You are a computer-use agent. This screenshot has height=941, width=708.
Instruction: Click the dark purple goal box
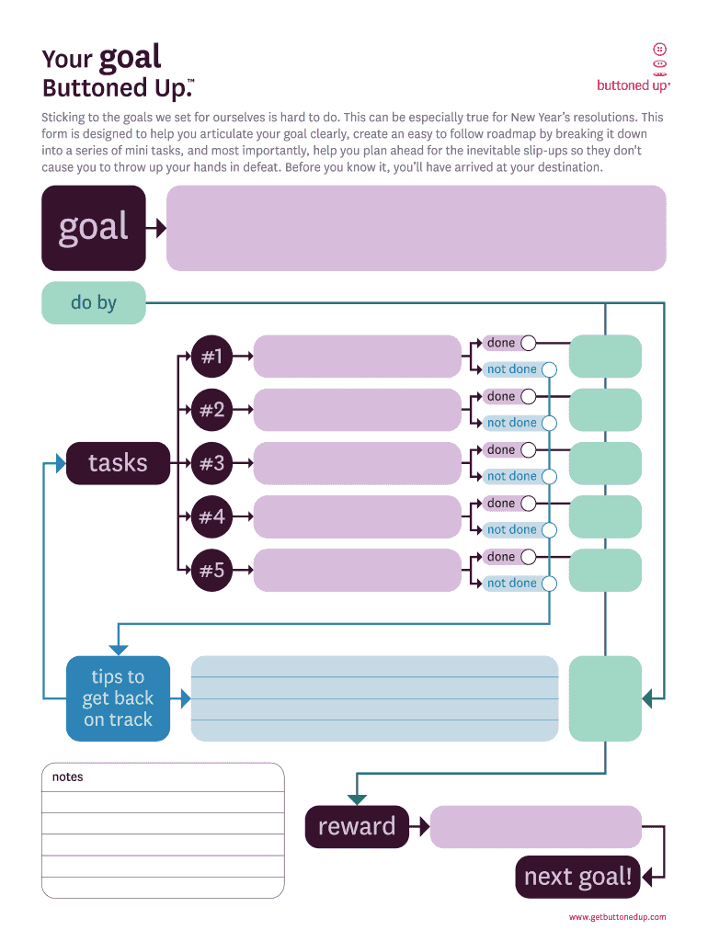pos(93,228)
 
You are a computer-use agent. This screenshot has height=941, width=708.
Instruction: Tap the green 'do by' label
pos(93,302)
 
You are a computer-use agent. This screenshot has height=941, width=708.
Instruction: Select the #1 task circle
pos(211,357)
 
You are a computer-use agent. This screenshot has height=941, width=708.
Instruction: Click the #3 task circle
pos(211,463)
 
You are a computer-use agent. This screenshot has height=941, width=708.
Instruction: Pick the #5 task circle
pos(211,570)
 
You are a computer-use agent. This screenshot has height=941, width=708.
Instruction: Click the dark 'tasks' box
pos(118,463)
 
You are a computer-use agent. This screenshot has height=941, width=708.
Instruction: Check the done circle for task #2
pos(529,397)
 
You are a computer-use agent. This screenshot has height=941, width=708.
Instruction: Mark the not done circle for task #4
pos(550,530)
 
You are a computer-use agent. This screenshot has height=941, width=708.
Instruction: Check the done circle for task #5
pos(529,557)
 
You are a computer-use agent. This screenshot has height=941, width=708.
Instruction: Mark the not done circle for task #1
pos(550,370)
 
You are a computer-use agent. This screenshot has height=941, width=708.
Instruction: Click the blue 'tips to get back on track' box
pos(118,698)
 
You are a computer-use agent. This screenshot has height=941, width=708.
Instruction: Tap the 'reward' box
pos(357,826)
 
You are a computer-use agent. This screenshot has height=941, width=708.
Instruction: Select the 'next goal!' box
pos(577,877)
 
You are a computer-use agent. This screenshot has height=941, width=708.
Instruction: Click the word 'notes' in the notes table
pos(67,777)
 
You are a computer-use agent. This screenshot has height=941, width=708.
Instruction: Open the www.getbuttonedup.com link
pos(617,917)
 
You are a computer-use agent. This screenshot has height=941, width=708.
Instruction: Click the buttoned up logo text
pos(633,85)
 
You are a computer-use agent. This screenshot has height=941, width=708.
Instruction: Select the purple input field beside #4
pos(357,516)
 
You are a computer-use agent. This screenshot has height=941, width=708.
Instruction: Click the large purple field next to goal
pos(416,228)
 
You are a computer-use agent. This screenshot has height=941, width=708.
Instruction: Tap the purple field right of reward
pos(535,826)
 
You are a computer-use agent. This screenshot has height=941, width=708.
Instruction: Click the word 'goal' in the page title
pos(130,57)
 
